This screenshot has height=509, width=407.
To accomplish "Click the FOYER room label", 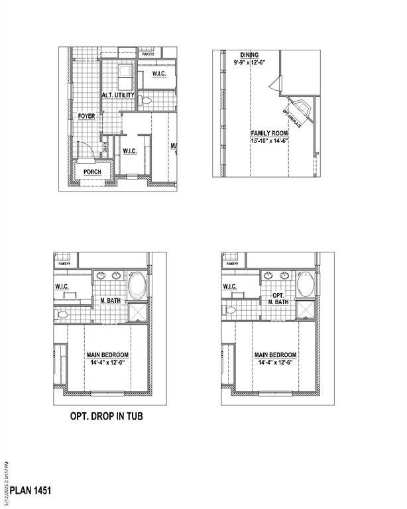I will [x=86, y=116].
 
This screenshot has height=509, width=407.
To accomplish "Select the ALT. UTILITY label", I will [x=118, y=95].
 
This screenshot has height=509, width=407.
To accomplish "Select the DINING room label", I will [x=250, y=55].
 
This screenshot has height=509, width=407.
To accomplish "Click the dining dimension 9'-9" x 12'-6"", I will [x=250, y=62].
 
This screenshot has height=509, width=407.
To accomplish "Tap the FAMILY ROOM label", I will [x=269, y=133].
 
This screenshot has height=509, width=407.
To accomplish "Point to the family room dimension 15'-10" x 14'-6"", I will [x=269, y=141].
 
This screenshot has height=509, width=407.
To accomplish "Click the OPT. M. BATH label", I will [x=280, y=298].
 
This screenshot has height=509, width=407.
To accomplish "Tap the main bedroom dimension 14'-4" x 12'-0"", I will [x=107, y=363].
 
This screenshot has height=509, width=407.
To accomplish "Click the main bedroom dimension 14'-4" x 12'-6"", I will [x=275, y=363].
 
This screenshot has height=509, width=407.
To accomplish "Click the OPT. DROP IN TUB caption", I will [x=107, y=417].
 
